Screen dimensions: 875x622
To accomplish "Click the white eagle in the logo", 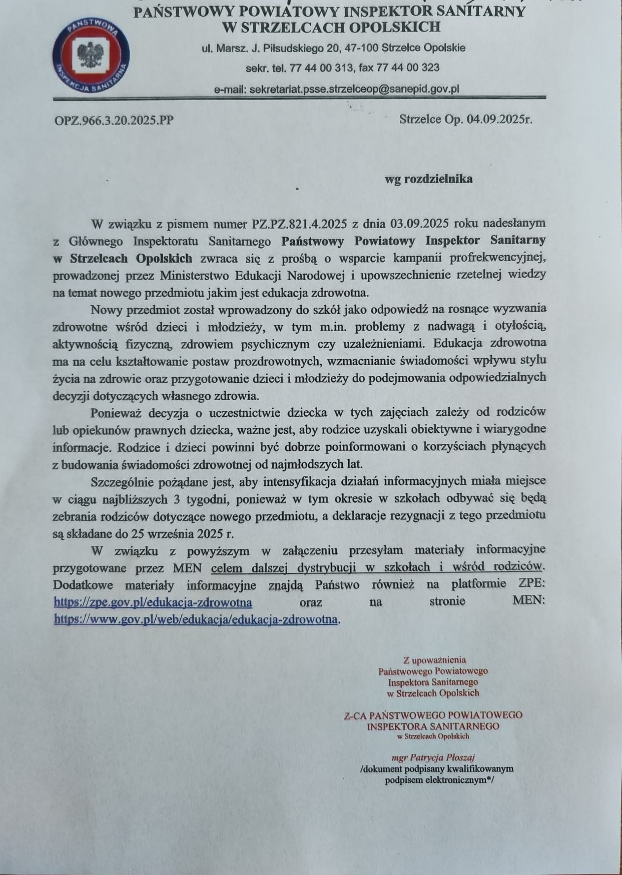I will click(90, 55).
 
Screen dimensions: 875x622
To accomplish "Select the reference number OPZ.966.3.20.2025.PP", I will click(114, 120).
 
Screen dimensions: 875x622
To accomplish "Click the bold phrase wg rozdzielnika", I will click(428, 179).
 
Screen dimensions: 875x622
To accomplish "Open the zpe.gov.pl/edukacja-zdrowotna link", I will click(153, 602).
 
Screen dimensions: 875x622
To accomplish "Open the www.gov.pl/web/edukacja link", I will click(196, 619).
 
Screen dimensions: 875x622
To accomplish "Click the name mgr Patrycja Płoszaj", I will click(433, 757).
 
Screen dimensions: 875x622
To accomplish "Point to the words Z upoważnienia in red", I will click(434, 660).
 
